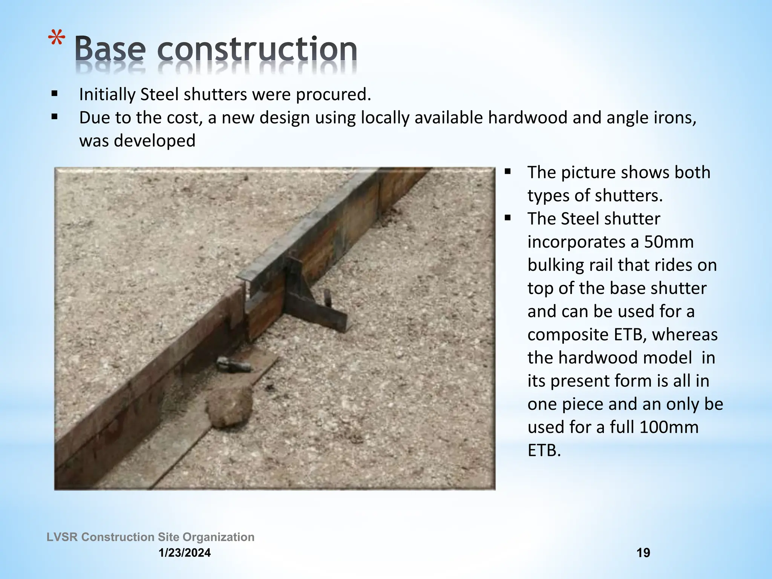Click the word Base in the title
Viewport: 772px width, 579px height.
pyautogui.click(x=109, y=49)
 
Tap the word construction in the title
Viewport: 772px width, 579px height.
pyautogui.click(x=257, y=49)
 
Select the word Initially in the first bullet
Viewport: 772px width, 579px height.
pyautogui.click(x=107, y=95)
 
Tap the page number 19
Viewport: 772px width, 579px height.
pyautogui.click(x=643, y=553)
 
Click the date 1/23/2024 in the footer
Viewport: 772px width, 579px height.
pyautogui.click(x=185, y=553)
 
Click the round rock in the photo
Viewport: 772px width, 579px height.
pyautogui.click(x=229, y=406)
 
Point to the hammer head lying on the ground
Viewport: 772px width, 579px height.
pyautogui.click(x=234, y=365)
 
